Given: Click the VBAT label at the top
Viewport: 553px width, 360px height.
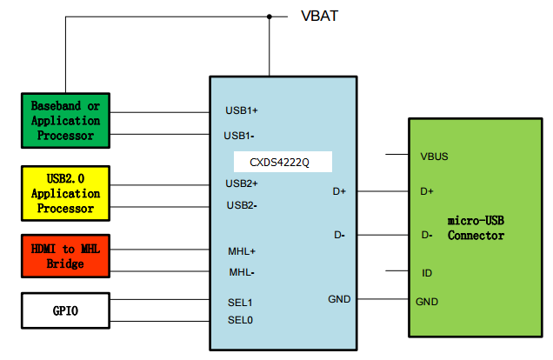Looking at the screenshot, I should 319,16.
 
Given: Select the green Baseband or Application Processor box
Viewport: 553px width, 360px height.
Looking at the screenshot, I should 65,121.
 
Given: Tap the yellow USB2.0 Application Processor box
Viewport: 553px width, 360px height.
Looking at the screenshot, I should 65,194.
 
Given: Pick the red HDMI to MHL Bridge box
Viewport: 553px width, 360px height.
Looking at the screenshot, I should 65,257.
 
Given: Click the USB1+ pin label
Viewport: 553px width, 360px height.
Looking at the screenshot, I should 242,110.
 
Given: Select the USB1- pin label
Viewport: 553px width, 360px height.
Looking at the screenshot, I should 240,136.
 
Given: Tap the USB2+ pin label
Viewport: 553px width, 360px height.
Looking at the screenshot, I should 242,183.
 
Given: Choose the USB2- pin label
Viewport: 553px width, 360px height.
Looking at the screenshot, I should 240,205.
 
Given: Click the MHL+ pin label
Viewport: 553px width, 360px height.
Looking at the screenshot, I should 241,251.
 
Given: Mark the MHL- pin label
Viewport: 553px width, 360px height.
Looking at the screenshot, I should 240,272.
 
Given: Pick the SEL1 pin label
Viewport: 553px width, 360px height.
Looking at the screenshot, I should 239,302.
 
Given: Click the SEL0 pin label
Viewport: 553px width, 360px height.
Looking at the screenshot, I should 239,319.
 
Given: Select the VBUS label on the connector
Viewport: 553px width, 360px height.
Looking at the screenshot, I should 435,157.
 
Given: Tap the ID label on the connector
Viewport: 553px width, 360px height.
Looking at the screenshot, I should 427,273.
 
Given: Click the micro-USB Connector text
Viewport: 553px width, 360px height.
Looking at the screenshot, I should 476,229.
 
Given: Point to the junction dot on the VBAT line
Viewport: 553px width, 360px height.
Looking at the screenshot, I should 270,16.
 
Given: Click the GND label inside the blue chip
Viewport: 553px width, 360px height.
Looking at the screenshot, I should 339,298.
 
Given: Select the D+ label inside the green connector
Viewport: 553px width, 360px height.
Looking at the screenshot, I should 427,191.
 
